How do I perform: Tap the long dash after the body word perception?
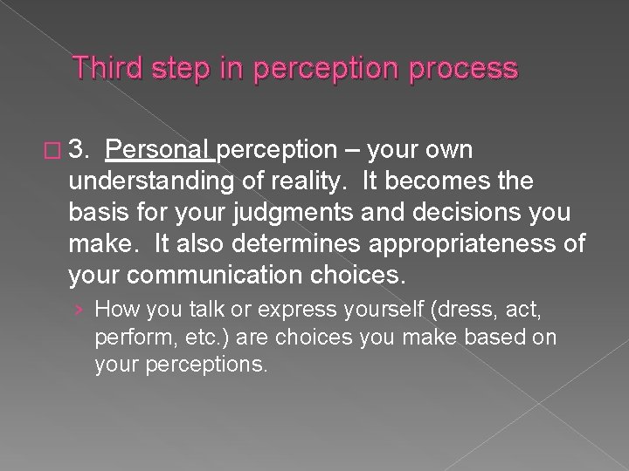(351, 151)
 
